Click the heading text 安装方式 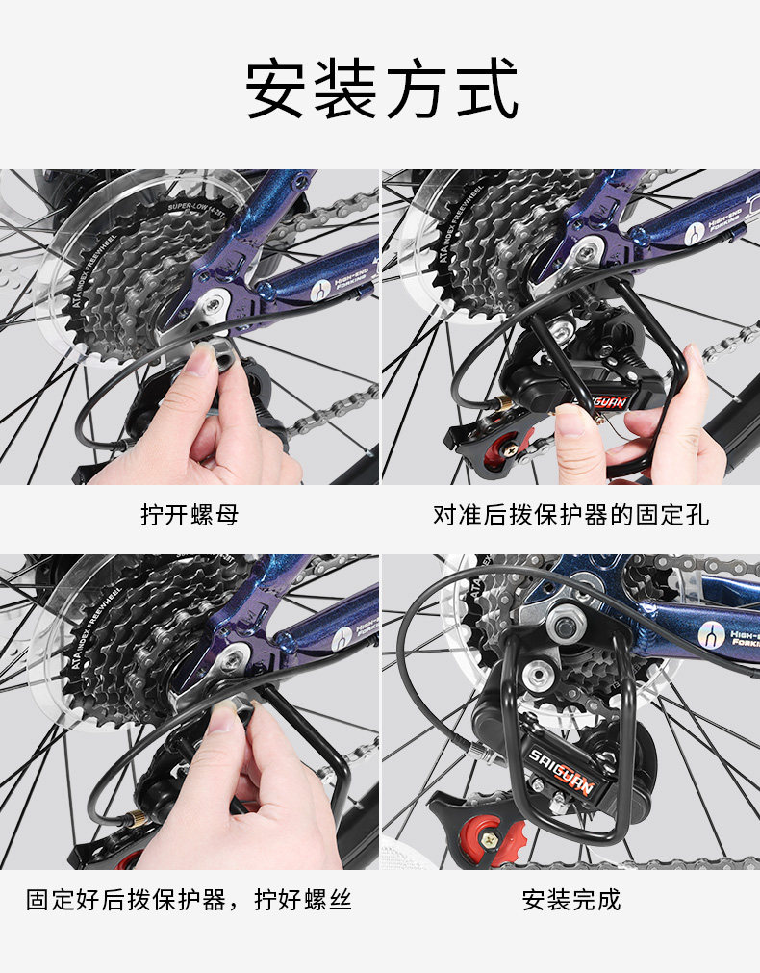[381, 89]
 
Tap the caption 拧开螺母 [190, 515]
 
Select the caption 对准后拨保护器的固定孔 [570, 515]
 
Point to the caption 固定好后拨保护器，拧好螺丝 [189, 901]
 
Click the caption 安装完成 [570, 901]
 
